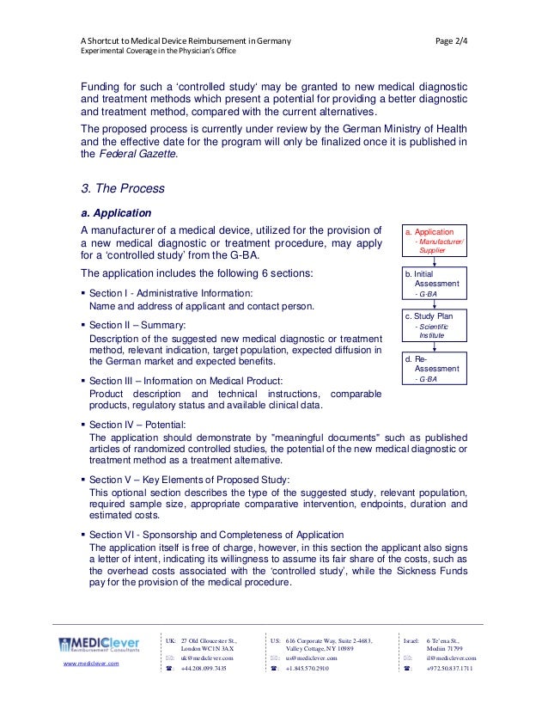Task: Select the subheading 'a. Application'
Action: [116, 212]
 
